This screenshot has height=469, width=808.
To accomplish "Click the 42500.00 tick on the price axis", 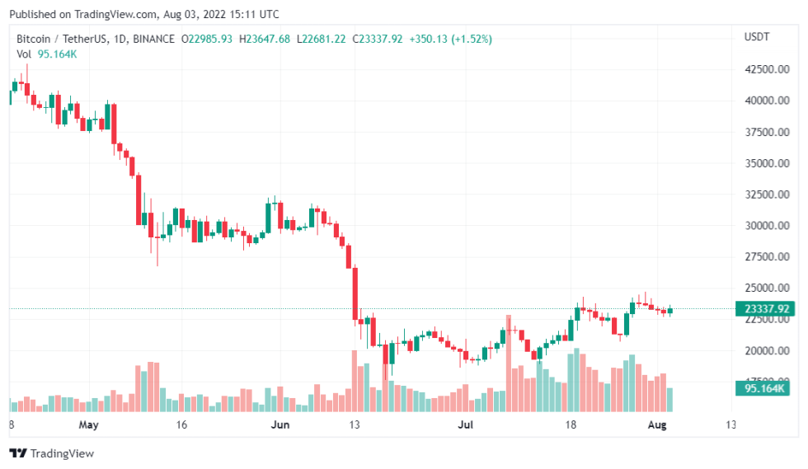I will [766, 69].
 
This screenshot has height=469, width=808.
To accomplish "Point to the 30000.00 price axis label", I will [766, 226].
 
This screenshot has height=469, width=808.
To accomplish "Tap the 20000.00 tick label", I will [766, 351].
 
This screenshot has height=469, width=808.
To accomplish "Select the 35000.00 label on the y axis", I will [766, 163].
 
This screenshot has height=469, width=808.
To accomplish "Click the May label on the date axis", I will [89, 425].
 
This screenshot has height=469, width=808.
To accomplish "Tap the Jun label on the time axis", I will [280, 425].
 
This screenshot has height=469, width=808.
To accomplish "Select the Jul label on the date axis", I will [467, 425].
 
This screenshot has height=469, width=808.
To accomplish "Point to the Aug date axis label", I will [656, 425].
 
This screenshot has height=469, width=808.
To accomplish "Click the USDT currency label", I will [757, 37].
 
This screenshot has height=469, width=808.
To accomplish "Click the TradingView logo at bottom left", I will [51, 453].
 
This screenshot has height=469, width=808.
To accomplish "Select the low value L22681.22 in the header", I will [322, 39].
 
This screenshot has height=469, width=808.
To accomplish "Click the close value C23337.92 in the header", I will [378, 39].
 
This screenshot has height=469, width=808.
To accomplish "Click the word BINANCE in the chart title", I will [153, 39].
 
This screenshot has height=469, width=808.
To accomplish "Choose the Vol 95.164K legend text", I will [47, 54].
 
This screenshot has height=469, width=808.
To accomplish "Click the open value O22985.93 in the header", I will [207, 39].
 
